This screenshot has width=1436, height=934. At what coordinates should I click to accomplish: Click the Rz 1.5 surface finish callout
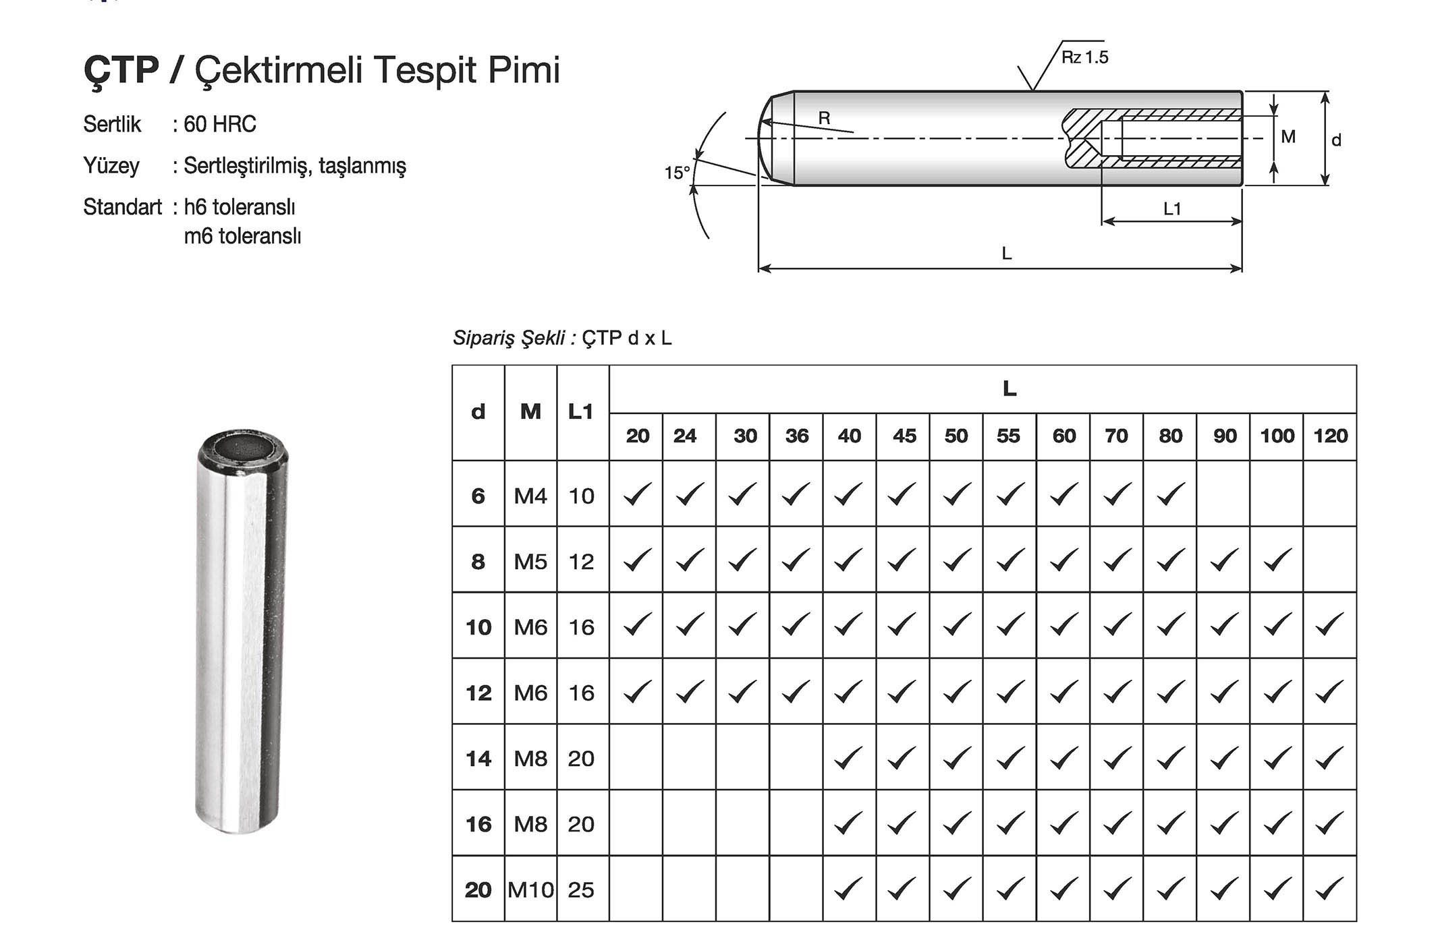1084,57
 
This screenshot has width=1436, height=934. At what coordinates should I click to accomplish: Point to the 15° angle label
677,173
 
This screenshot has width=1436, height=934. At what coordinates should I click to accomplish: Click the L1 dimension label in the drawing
1172,209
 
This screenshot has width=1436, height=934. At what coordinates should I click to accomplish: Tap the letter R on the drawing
824,118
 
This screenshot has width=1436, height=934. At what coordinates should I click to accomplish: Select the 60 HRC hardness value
220,124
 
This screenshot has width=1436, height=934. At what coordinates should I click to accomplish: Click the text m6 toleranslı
242,237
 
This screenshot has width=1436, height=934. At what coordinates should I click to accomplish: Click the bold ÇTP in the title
121,70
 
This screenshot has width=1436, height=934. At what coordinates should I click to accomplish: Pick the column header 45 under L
904,436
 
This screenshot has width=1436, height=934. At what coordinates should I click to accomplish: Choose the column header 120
1330,436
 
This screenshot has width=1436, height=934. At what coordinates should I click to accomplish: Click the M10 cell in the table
530,890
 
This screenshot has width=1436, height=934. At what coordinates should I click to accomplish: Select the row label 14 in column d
478,759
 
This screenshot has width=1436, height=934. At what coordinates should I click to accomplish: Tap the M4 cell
530,496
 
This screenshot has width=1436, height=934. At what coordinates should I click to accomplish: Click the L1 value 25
581,890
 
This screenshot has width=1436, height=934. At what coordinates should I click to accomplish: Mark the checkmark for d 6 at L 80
1170,494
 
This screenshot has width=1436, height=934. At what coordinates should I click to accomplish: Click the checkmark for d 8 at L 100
1277,560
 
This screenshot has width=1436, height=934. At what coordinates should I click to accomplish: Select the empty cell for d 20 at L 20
636,889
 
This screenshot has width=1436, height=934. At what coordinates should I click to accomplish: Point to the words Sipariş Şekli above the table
509,338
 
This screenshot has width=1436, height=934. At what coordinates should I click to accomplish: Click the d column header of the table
478,412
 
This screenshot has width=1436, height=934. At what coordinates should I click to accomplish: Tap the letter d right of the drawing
1335,140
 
